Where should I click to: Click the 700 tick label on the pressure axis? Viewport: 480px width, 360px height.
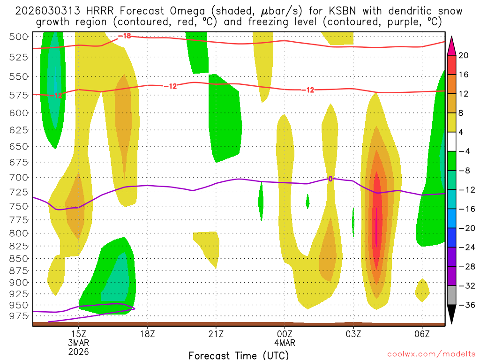pyautogui.click(x=20, y=177)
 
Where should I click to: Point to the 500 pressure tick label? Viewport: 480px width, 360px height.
pyautogui.click(x=20, y=37)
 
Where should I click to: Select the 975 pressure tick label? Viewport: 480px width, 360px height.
pyautogui.click(x=20, y=316)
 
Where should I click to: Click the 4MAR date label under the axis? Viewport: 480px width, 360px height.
pyautogui.click(x=285, y=343)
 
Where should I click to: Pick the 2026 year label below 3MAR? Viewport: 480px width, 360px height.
pyautogui.click(x=78, y=351)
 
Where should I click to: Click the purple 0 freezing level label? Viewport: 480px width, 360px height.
pyautogui.click(x=330, y=179)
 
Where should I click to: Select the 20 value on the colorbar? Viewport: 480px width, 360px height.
pyautogui.click(x=463, y=55)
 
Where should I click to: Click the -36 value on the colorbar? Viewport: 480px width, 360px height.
pyautogui.click(x=464, y=305)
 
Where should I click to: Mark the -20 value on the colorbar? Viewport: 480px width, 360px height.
pyautogui.click(x=464, y=228)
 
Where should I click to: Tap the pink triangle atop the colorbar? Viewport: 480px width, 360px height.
pyautogui.click(x=451, y=45)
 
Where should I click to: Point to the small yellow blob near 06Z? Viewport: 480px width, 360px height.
pyautogui.click(x=422, y=290)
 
